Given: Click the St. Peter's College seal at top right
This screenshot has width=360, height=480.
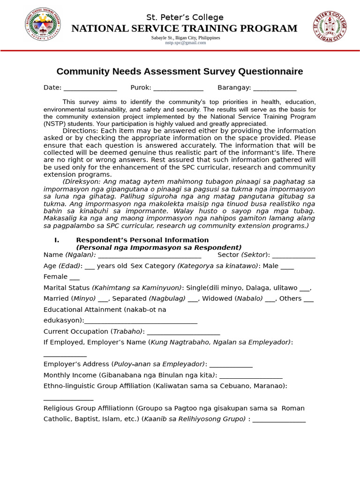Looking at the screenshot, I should point(330,26).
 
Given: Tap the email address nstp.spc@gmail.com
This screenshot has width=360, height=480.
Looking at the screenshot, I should point(185,43).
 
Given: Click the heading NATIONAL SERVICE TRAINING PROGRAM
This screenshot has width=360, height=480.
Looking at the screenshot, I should point(184,29).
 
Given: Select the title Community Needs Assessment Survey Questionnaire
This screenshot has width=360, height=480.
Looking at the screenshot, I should point(180,72).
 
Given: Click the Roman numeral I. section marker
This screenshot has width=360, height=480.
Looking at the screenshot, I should point(57,240).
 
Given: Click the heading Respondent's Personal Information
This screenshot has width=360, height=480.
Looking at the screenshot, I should point(142,240).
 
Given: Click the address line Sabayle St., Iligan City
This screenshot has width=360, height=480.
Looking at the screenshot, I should point(185,37).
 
